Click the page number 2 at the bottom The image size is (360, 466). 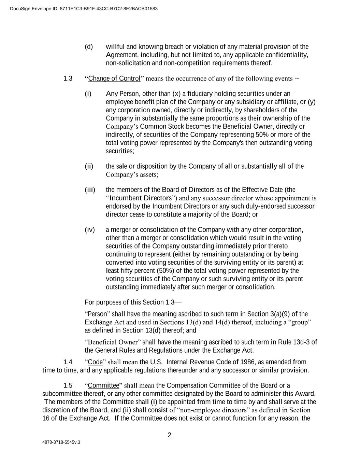(169, 435)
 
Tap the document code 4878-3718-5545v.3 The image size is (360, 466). (61, 442)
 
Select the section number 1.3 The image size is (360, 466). (68, 79)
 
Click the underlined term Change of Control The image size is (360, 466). (114, 79)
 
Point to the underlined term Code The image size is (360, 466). (95, 362)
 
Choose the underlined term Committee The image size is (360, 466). (103, 386)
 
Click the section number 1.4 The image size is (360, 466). (68, 362)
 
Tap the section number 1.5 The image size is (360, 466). (68, 386)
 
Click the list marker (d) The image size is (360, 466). (89, 47)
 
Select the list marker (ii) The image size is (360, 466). (89, 166)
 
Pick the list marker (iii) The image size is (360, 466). (90, 190)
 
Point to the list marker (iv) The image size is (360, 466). (90, 230)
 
